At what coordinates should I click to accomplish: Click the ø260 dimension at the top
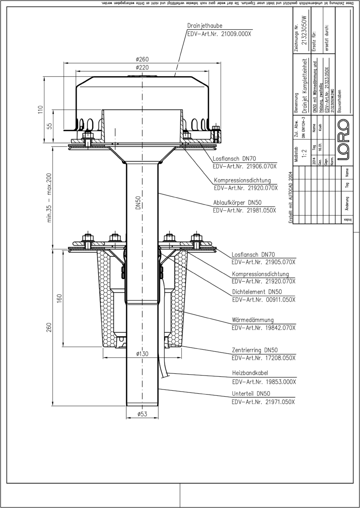point(142,59)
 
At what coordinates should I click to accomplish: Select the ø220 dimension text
point(142,67)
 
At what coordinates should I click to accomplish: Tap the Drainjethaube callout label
point(205,26)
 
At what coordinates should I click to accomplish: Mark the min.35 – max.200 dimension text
point(50,198)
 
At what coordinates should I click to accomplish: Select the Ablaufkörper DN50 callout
point(238,202)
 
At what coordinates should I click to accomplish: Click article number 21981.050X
point(244,210)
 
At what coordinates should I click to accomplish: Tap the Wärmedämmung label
point(253,319)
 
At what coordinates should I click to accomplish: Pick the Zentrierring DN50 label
point(255,350)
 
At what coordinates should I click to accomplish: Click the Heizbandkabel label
point(250,373)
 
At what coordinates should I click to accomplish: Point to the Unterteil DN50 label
point(251,393)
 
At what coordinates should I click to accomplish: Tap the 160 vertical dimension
point(59,298)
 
